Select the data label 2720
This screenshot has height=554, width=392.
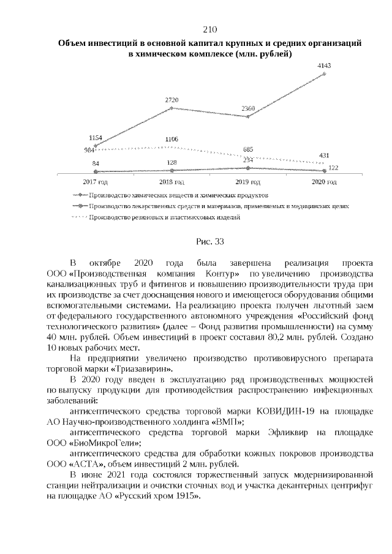[x=172, y=99]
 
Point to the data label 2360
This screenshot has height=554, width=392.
[x=248, y=108]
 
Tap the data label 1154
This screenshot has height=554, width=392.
[x=96, y=138]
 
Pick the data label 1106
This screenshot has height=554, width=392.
[x=172, y=140]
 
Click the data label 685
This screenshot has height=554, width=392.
[x=248, y=149]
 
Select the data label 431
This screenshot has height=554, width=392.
[x=325, y=155]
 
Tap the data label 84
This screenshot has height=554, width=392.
[x=96, y=163]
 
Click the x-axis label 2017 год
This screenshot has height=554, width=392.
[x=96, y=182]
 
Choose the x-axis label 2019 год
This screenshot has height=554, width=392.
[x=248, y=182]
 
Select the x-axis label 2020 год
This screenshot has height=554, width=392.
[x=325, y=182]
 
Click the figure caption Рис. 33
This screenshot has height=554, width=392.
[x=210, y=242]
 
